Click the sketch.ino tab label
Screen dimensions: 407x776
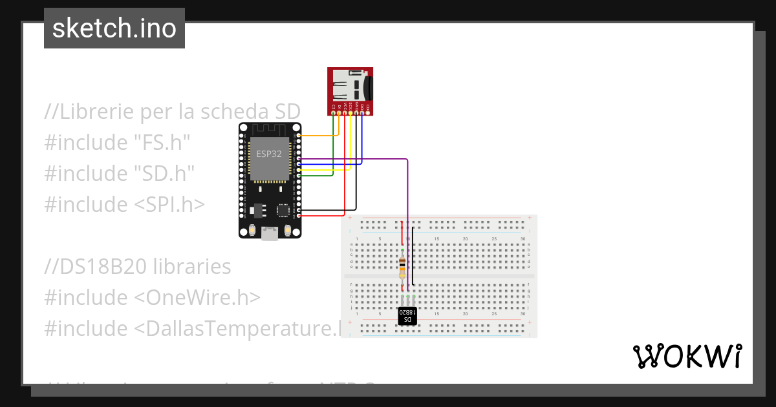(114, 28)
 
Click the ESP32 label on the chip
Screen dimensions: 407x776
(269, 153)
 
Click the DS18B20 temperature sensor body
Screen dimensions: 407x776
(407, 317)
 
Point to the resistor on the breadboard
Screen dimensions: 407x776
(402, 266)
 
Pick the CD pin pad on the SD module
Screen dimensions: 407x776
(368, 114)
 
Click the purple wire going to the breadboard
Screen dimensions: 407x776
(407, 194)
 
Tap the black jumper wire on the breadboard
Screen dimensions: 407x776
(414, 258)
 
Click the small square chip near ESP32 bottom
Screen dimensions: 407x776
(283, 210)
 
